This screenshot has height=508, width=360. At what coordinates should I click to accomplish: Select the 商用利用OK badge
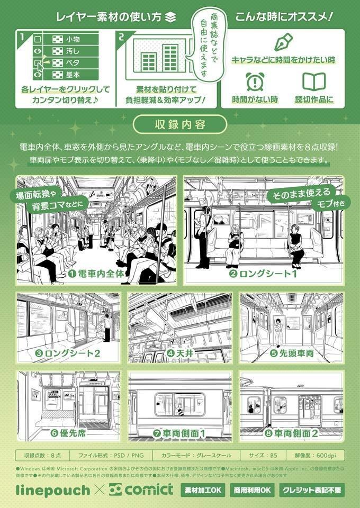click(251, 491)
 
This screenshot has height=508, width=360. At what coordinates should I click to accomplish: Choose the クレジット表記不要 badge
click(311, 491)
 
